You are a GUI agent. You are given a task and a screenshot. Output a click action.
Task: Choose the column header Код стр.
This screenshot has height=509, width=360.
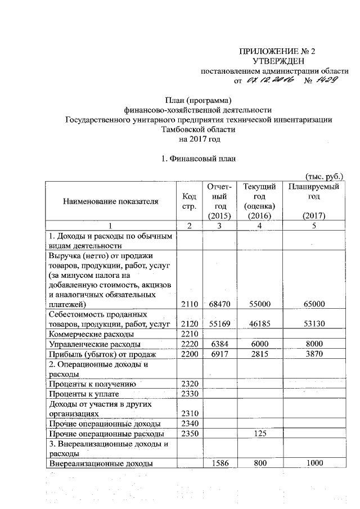coord(189,201)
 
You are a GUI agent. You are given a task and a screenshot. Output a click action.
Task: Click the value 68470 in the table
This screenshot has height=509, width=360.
coord(216,304)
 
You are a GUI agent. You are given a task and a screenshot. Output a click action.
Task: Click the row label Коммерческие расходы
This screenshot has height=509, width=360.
coord(84,334)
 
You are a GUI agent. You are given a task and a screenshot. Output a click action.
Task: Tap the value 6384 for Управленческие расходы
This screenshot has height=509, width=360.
coord(216,343)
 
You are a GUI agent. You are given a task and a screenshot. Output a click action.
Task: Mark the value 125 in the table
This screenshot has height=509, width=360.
coord(260,434)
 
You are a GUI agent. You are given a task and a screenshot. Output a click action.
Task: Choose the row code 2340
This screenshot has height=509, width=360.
coord(189,424)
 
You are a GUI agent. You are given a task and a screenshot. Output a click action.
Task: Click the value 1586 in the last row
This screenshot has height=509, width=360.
coord(216,463)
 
